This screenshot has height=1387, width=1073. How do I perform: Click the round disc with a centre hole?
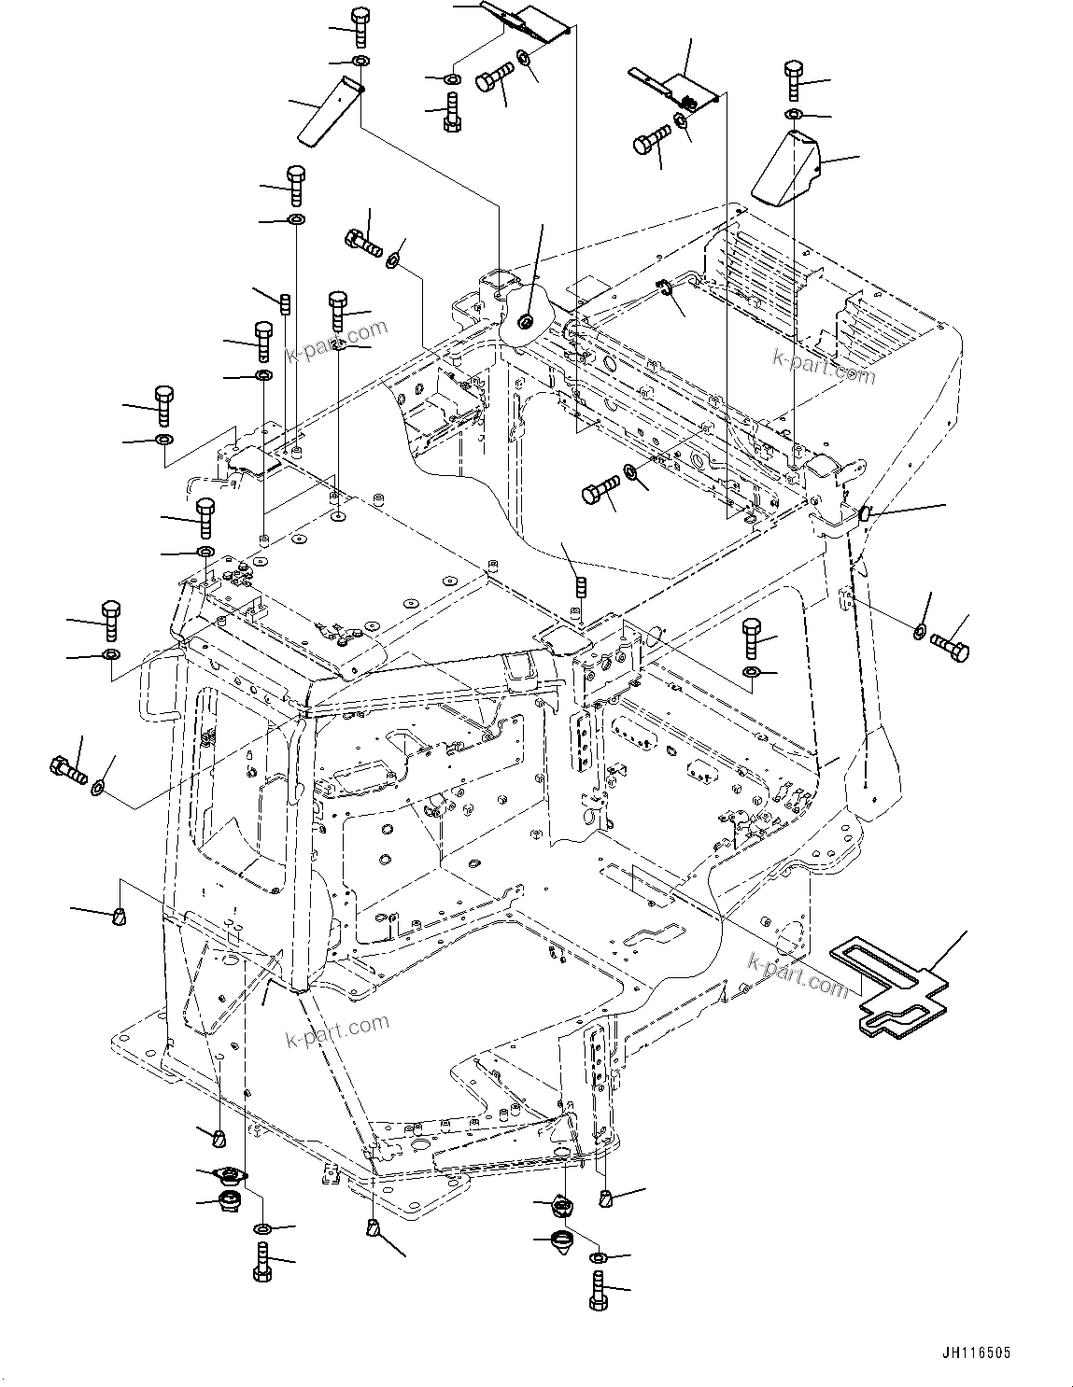pos(524,322)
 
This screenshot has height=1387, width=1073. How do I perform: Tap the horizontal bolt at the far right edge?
pos(951,646)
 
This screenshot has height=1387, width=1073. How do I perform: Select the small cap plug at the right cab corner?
pos(864,512)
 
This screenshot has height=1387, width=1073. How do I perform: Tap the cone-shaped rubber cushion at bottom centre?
pos(563,1242)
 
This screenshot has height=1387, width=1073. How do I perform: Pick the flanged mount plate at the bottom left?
pos(228,1175)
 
